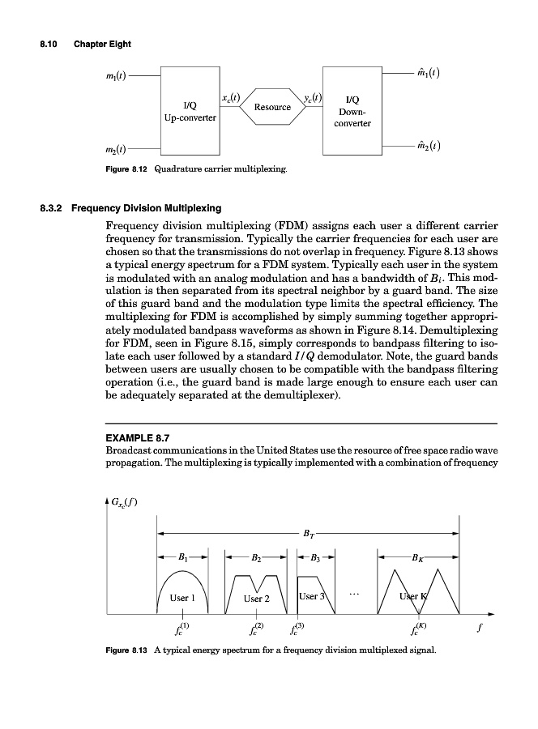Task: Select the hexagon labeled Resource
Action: point(272,107)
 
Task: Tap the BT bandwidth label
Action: point(309,533)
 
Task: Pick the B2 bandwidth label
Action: point(256,558)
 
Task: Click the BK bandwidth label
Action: point(416,558)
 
